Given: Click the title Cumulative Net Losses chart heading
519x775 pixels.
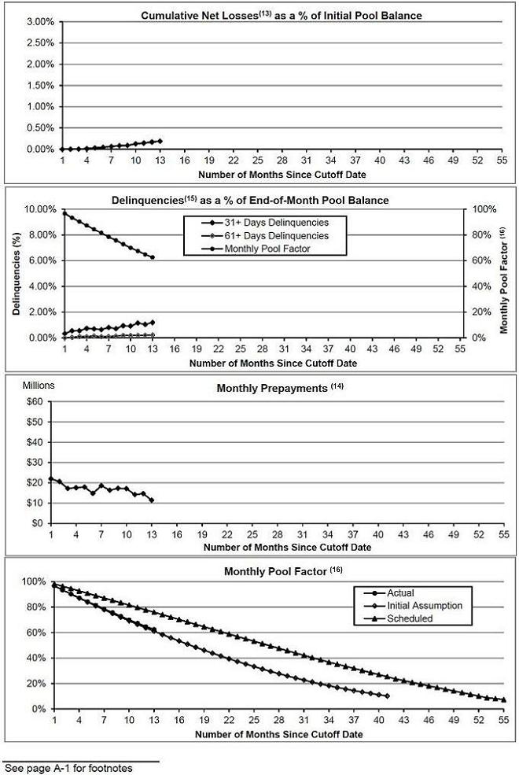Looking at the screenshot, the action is point(282,15).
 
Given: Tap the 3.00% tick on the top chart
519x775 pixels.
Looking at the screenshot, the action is point(40,22).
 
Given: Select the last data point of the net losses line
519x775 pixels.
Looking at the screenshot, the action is point(160,142).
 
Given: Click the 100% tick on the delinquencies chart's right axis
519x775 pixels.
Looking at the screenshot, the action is point(484,209).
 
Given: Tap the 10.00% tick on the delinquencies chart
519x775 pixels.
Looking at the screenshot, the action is point(40,209).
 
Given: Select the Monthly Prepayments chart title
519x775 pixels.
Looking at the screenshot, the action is point(280,388).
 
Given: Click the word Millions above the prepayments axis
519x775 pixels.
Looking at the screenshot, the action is point(39,386).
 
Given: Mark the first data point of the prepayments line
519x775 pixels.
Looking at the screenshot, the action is point(51,479).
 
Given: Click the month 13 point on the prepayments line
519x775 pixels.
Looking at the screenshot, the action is point(152,500).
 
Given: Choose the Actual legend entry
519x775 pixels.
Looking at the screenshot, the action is point(389,593).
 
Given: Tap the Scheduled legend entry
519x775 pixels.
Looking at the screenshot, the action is point(399,618).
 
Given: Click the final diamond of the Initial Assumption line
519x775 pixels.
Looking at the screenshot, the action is point(387,696).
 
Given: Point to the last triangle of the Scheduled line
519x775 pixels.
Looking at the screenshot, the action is point(504,699).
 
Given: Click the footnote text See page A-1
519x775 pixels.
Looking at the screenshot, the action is point(68,768).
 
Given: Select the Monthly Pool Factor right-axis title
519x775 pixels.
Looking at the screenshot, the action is point(504,280).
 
